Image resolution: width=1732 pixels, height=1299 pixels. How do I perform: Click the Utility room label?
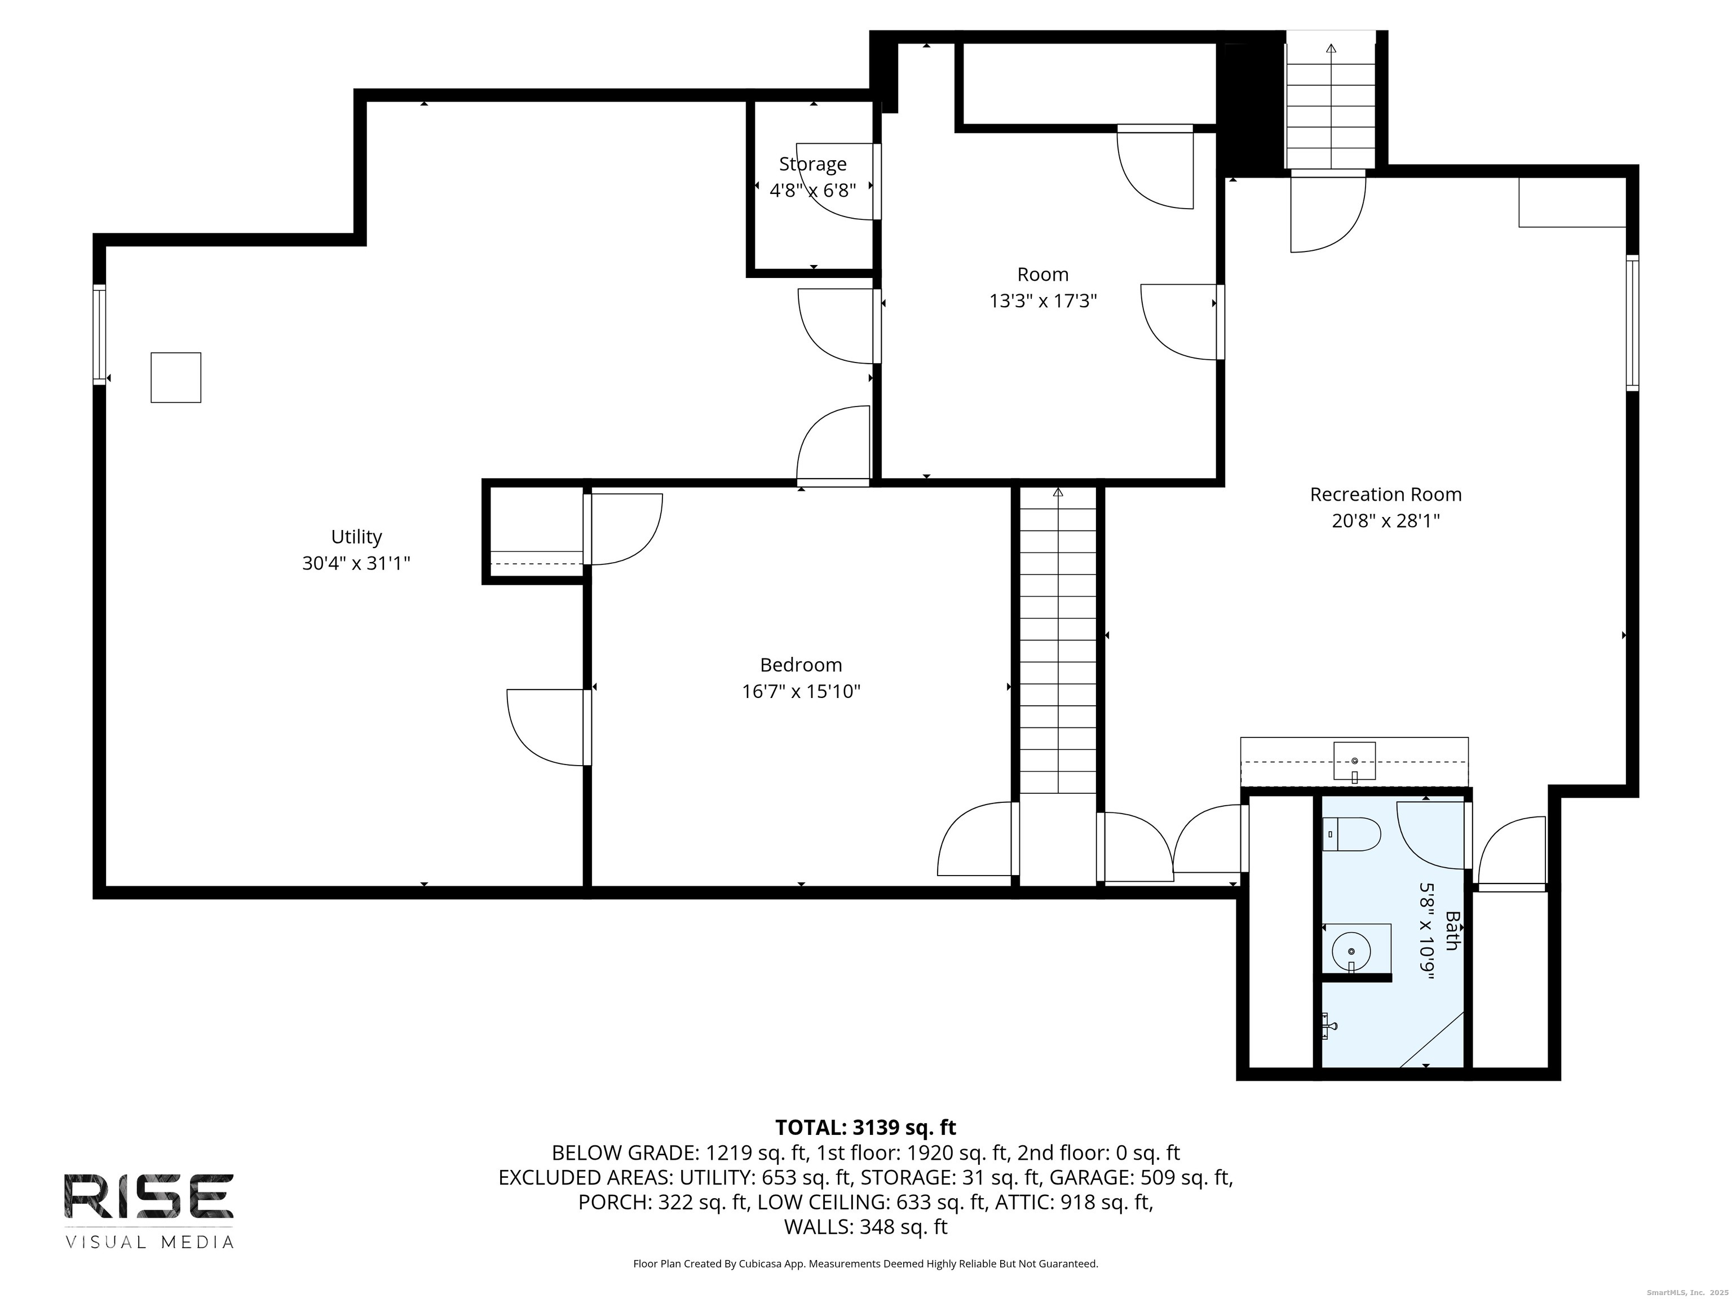click(356, 537)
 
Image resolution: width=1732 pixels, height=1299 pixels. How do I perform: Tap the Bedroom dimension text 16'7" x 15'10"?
click(801, 691)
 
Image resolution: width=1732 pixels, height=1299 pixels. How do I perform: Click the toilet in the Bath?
click(1351, 834)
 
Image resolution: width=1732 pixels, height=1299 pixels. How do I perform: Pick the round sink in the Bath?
click(1352, 951)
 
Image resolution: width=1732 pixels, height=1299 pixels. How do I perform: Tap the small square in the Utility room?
click(176, 377)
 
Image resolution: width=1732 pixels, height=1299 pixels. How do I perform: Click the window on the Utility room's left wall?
click(99, 334)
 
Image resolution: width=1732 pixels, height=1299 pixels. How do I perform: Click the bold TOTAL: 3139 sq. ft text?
click(865, 1128)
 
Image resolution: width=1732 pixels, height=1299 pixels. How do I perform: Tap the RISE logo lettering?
click(149, 1196)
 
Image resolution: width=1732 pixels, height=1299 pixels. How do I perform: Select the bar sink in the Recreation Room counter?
click(1355, 762)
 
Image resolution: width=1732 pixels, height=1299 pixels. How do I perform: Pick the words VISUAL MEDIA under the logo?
click(149, 1242)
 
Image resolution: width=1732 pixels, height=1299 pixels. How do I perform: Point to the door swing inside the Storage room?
click(834, 182)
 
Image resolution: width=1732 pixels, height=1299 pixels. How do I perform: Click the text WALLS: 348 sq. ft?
click(866, 1227)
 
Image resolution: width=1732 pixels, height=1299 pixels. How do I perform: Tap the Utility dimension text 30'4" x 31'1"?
click(356, 563)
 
